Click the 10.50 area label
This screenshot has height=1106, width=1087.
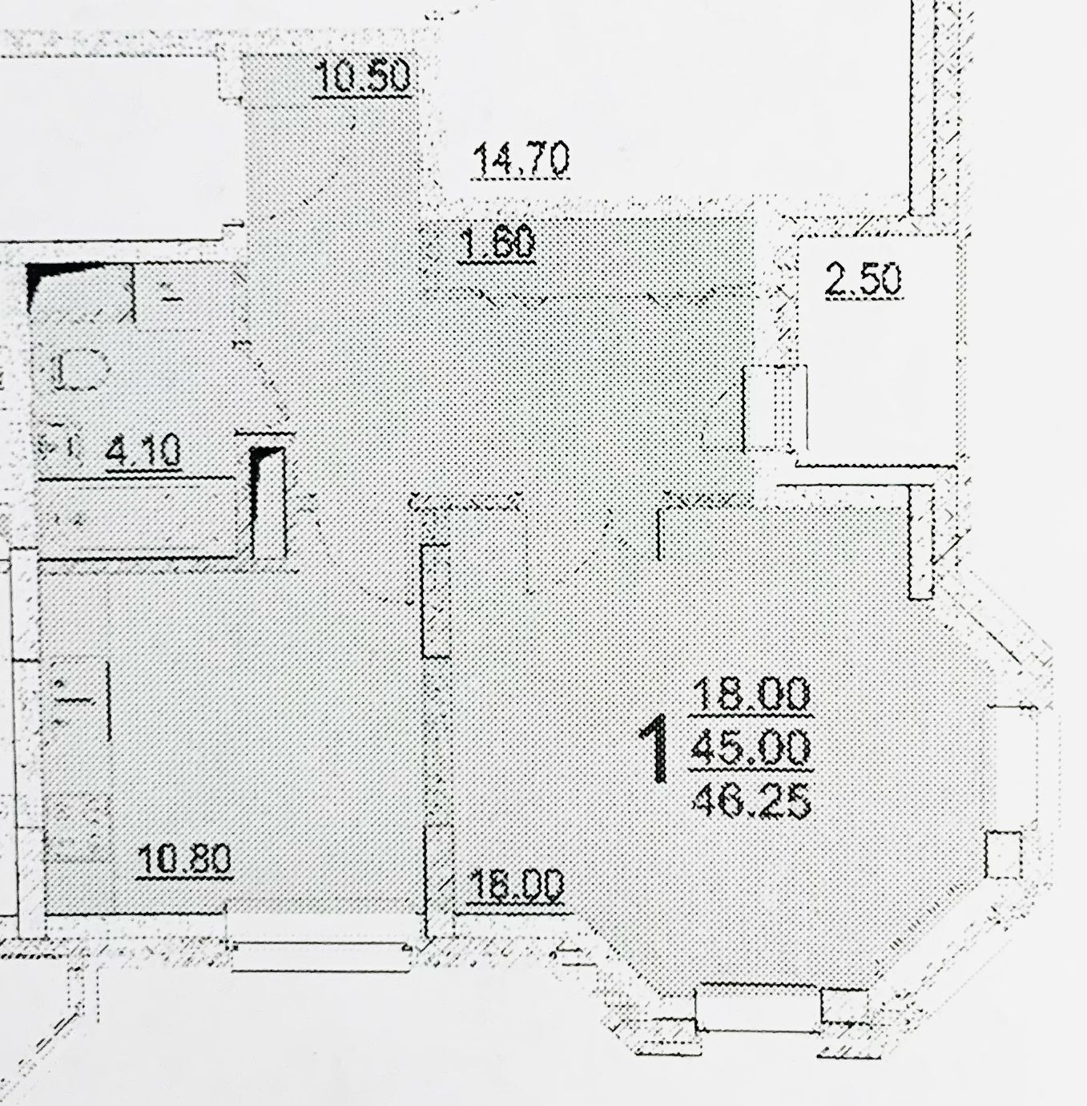[364, 77]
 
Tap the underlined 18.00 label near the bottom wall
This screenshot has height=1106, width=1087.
[515, 886]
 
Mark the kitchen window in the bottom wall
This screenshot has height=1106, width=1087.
[320, 955]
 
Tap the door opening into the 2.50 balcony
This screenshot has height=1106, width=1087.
[775, 408]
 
